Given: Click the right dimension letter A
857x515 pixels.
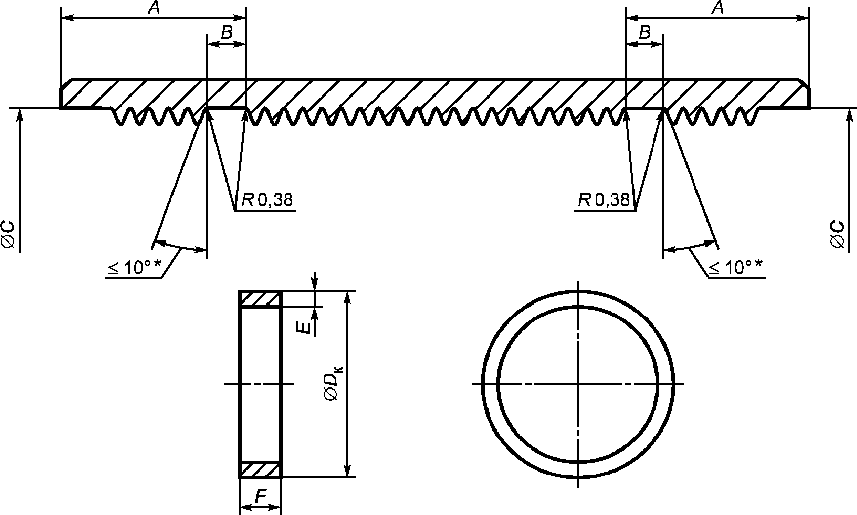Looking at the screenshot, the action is click(719, 8).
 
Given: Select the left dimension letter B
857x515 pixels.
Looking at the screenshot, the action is click(226, 33).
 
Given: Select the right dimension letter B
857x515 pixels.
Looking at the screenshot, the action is click(644, 33).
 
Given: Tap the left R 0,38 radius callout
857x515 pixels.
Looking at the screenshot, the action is click(267, 200).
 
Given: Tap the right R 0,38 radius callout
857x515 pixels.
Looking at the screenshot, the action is click(604, 200).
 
